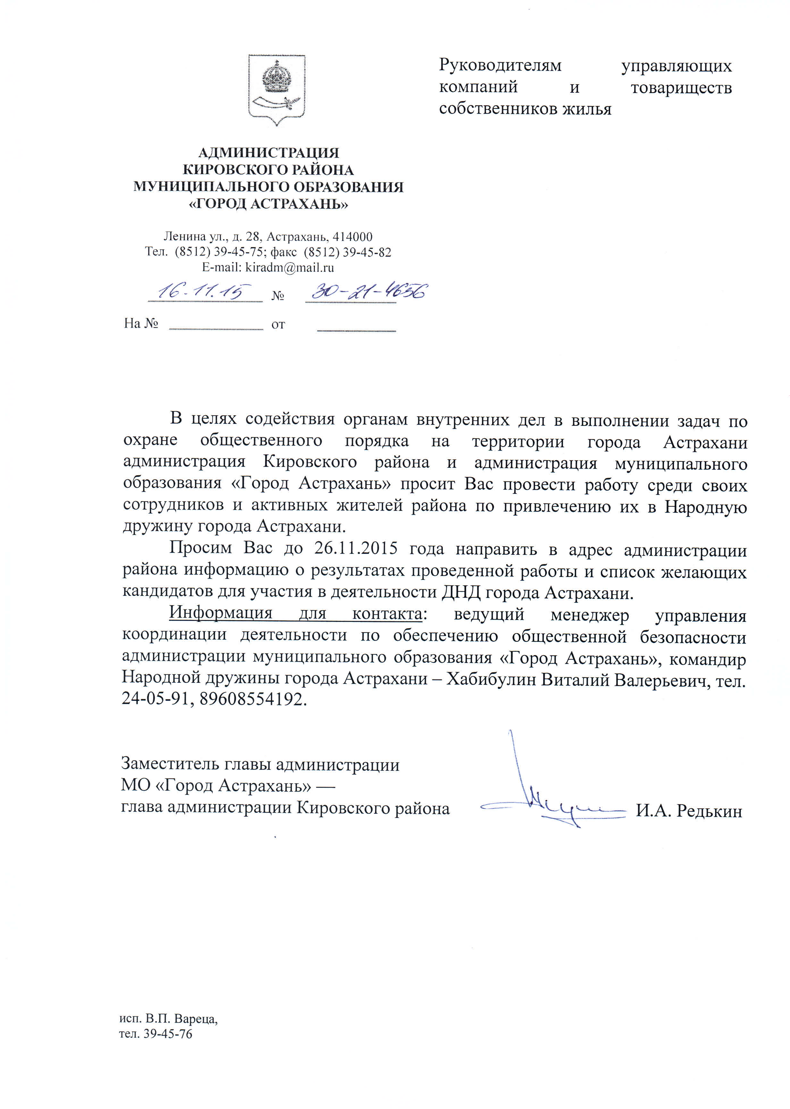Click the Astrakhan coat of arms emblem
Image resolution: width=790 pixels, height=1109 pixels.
(x=277, y=89)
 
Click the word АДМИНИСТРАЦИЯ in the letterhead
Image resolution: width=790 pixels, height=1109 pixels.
(x=269, y=153)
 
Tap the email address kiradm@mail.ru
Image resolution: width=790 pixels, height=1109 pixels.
(x=290, y=267)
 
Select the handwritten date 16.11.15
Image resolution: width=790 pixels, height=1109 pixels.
(x=204, y=292)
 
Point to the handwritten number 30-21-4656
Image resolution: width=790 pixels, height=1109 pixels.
(x=369, y=292)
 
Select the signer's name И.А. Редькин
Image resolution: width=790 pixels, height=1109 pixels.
(x=689, y=811)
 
